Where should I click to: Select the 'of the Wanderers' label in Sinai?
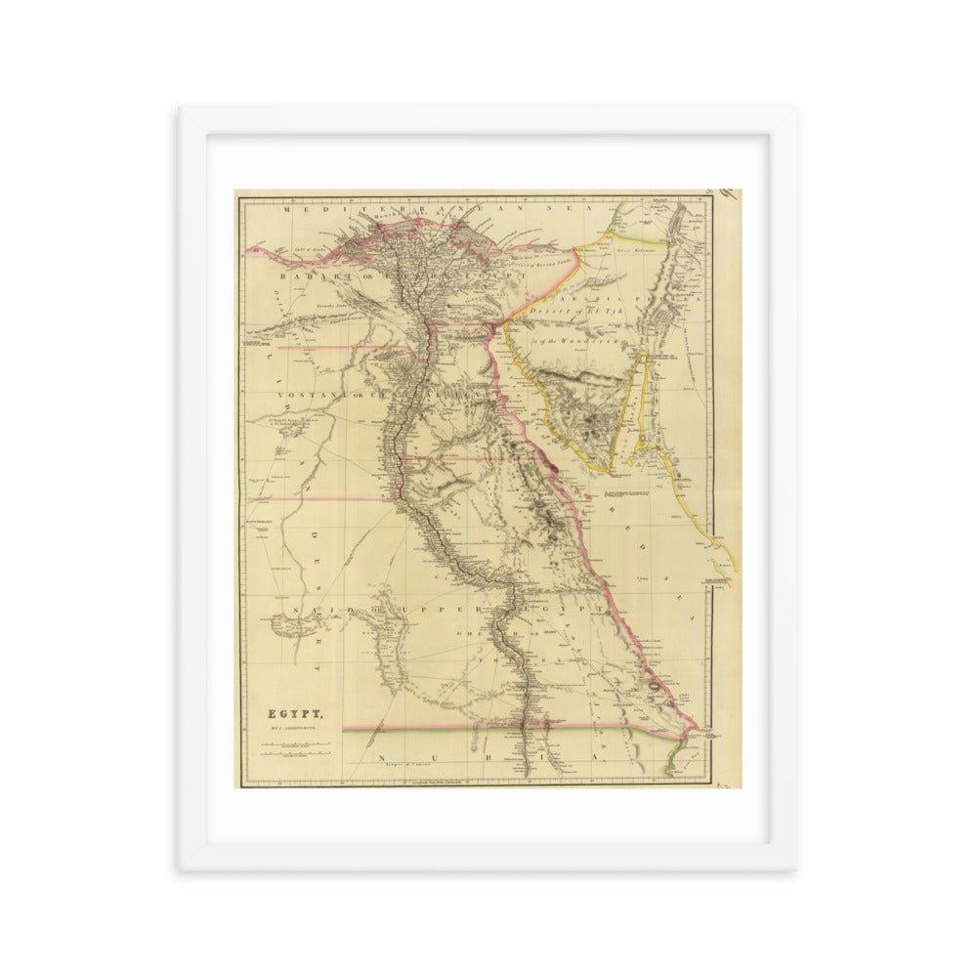pyautogui.click(x=576, y=339)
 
